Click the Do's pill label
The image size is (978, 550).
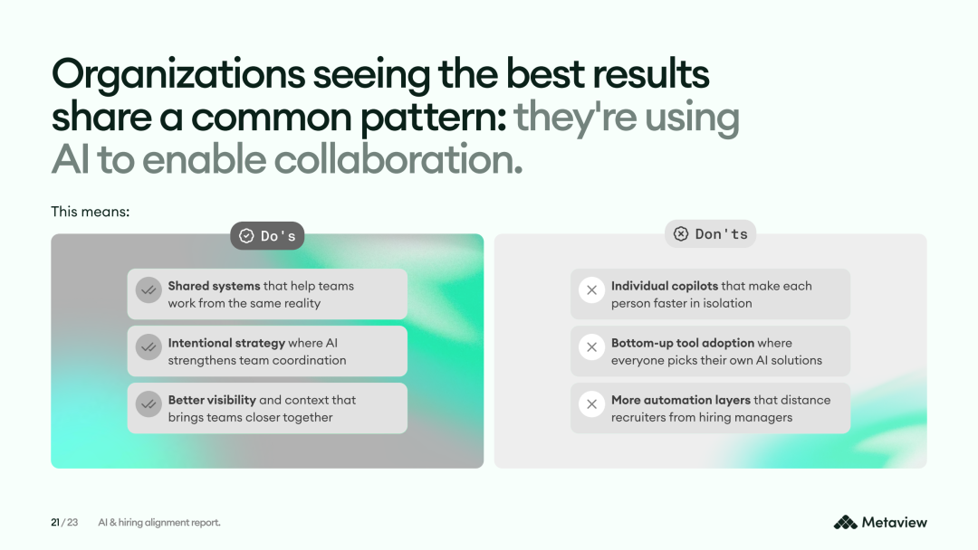point(267,236)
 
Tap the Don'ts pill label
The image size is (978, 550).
point(711,233)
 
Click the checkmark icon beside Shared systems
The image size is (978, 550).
point(149,290)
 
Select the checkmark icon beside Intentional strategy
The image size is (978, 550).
point(149,347)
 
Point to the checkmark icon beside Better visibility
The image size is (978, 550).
point(149,404)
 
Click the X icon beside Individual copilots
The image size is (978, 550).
point(592,290)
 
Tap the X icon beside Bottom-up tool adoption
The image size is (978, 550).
point(592,347)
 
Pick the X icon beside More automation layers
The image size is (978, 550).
point(592,404)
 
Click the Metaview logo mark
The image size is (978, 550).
point(845,522)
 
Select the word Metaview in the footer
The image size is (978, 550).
point(895,522)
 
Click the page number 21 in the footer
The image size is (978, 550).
point(55,522)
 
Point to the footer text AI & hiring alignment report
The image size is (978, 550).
point(159,523)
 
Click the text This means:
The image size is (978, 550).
point(91,212)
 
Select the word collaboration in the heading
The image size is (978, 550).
point(398,159)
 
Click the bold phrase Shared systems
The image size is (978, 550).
point(214,286)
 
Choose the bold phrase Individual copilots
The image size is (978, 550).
point(665,286)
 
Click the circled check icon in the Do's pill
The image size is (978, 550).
point(246,236)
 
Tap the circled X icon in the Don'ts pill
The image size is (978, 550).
point(681,233)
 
